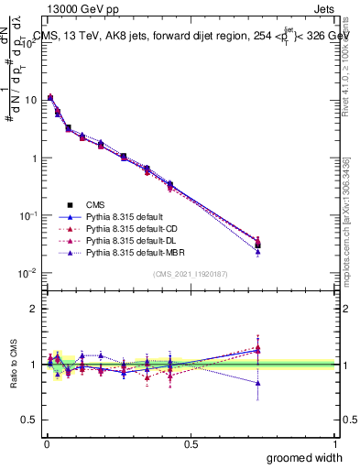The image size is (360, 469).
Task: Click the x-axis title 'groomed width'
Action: point(306,457)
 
